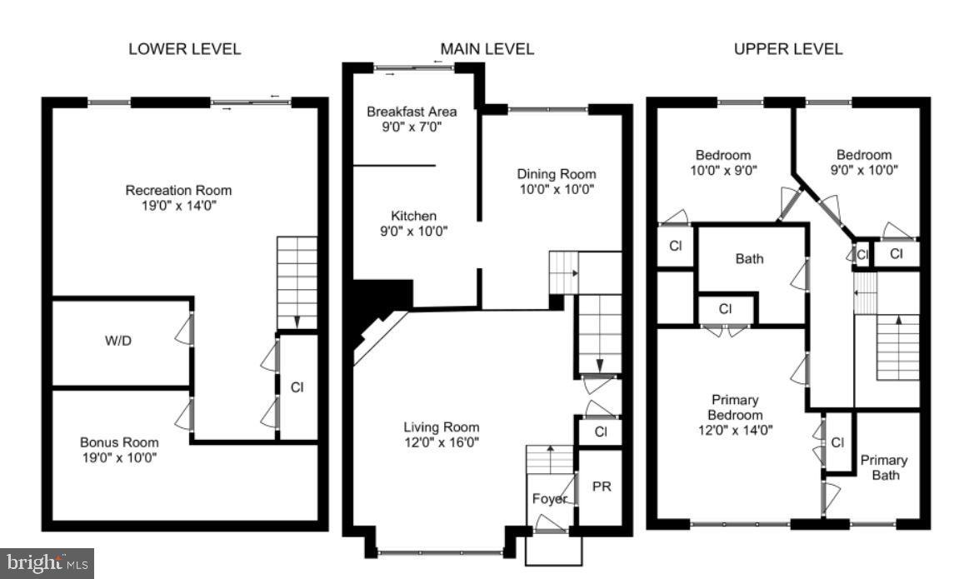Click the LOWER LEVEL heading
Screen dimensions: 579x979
pyautogui.click(x=184, y=48)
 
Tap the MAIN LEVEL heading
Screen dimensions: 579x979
pyautogui.click(x=487, y=48)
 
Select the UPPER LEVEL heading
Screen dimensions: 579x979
pyautogui.click(x=787, y=48)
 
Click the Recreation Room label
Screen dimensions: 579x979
pyautogui.click(x=178, y=190)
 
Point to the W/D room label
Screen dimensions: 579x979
pyautogui.click(x=117, y=341)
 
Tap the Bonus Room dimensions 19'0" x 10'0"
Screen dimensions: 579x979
pyautogui.click(x=118, y=457)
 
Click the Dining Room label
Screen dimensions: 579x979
pyautogui.click(x=557, y=174)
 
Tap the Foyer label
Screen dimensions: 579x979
pyautogui.click(x=550, y=498)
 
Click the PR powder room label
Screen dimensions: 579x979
pyautogui.click(x=601, y=485)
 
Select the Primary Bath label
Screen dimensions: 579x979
pyautogui.click(x=884, y=467)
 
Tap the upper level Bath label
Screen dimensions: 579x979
pyautogui.click(x=748, y=258)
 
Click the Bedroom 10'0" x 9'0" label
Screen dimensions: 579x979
pyautogui.click(x=723, y=155)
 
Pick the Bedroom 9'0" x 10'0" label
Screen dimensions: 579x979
pyautogui.click(x=864, y=155)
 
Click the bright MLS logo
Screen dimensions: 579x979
pyautogui.click(x=47, y=562)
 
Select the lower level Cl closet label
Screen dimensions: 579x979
pyautogui.click(x=297, y=387)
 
